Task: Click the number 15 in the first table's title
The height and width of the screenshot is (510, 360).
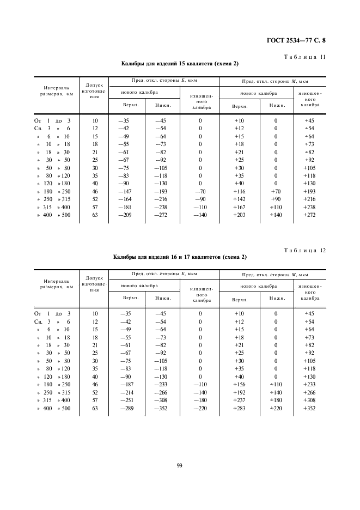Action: [179, 64]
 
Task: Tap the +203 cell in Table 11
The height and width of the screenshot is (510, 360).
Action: [239, 215]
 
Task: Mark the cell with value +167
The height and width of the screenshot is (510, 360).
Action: [239, 208]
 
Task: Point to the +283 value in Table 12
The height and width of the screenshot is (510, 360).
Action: [239, 409]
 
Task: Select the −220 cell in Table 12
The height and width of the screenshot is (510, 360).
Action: [200, 409]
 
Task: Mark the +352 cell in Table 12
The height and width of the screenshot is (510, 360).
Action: [309, 409]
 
